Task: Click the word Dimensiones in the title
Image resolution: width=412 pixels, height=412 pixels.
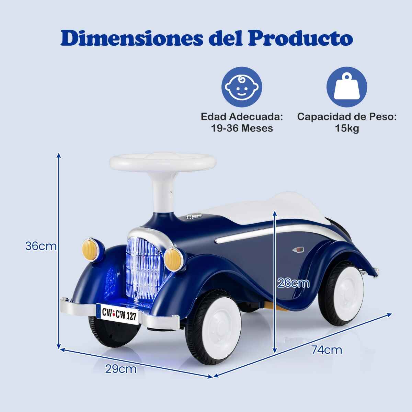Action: (132, 38)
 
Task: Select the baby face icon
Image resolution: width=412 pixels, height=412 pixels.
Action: (242, 87)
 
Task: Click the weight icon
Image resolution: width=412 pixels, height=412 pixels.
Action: (346, 87)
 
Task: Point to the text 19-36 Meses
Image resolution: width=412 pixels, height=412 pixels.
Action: (242, 128)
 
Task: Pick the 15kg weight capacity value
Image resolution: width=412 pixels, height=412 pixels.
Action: (347, 128)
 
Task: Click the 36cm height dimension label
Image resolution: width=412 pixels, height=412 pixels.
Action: (41, 246)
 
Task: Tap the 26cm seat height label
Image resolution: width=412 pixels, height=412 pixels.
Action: (293, 284)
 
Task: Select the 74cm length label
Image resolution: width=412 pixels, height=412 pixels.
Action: (327, 350)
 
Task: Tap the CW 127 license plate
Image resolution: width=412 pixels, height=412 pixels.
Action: (117, 313)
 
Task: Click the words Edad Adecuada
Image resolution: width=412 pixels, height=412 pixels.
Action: (242, 117)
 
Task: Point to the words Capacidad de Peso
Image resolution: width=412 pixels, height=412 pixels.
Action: (347, 117)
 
